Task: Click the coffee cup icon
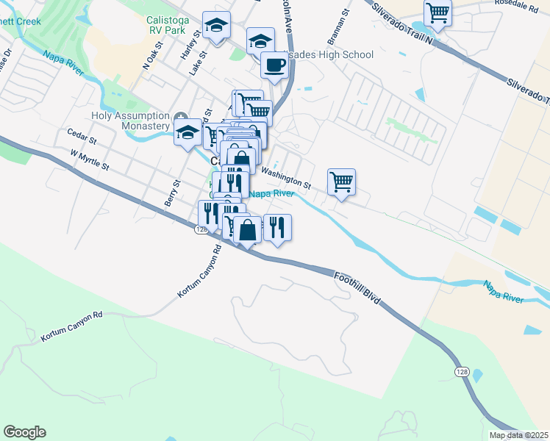coord(274,65)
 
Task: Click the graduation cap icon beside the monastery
coord(187,132)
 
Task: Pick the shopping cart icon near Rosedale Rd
coord(438,12)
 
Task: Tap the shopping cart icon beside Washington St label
coord(341,181)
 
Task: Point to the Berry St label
coord(176,193)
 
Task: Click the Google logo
coord(24,432)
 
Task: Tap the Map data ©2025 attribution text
coord(518,435)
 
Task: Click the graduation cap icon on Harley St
coord(216,26)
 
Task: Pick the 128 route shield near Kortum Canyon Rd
coord(201,230)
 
